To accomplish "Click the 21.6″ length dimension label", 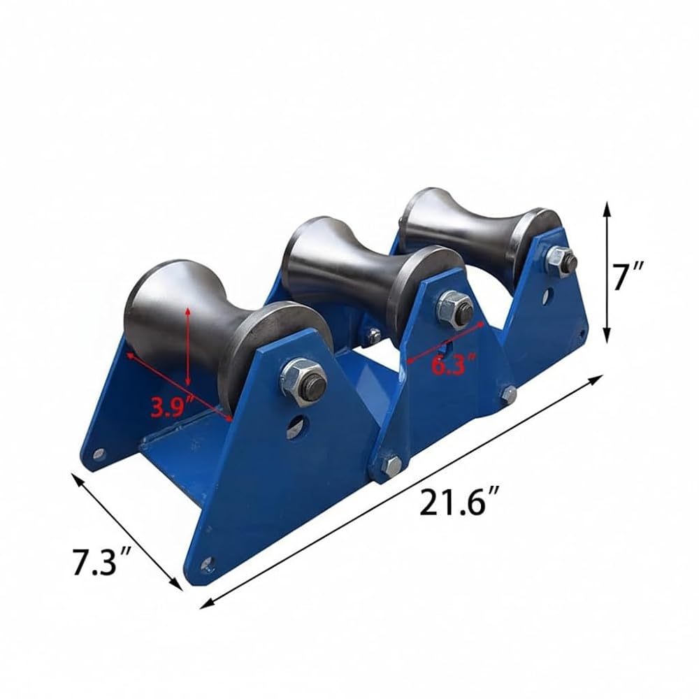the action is (x=459, y=503).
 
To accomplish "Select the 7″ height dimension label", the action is (x=628, y=276).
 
